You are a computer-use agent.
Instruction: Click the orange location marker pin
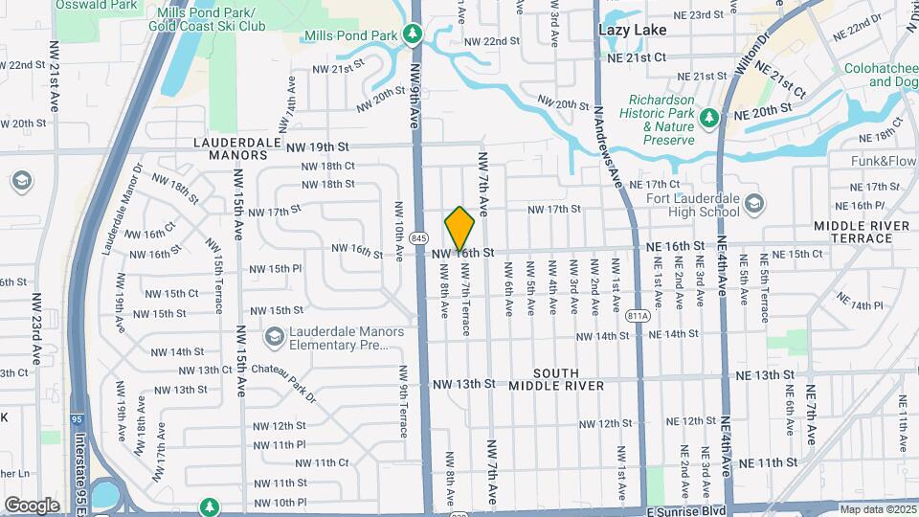[459, 229]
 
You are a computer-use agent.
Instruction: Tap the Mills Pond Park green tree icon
[413, 35]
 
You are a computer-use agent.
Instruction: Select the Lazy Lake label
[632, 30]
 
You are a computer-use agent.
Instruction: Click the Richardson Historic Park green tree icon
[709, 118]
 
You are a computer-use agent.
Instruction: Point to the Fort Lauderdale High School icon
[755, 203]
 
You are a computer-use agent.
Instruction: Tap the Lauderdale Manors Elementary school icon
[276, 337]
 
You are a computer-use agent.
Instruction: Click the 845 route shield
[418, 237]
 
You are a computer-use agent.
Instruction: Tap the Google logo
[32, 505]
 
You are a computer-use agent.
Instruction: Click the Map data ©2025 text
[878, 509]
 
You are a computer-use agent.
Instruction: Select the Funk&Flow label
[883, 161]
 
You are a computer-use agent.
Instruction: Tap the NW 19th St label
[317, 146]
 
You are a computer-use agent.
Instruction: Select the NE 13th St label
[762, 374]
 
